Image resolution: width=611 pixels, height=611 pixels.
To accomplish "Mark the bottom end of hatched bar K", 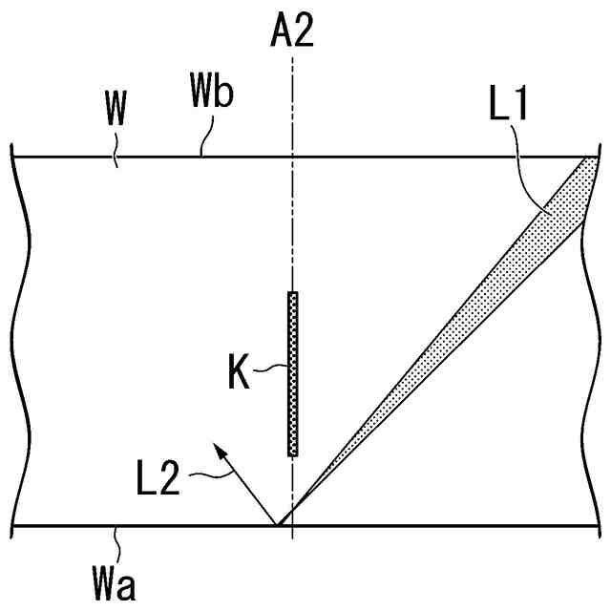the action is pyautogui.click(x=293, y=453).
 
